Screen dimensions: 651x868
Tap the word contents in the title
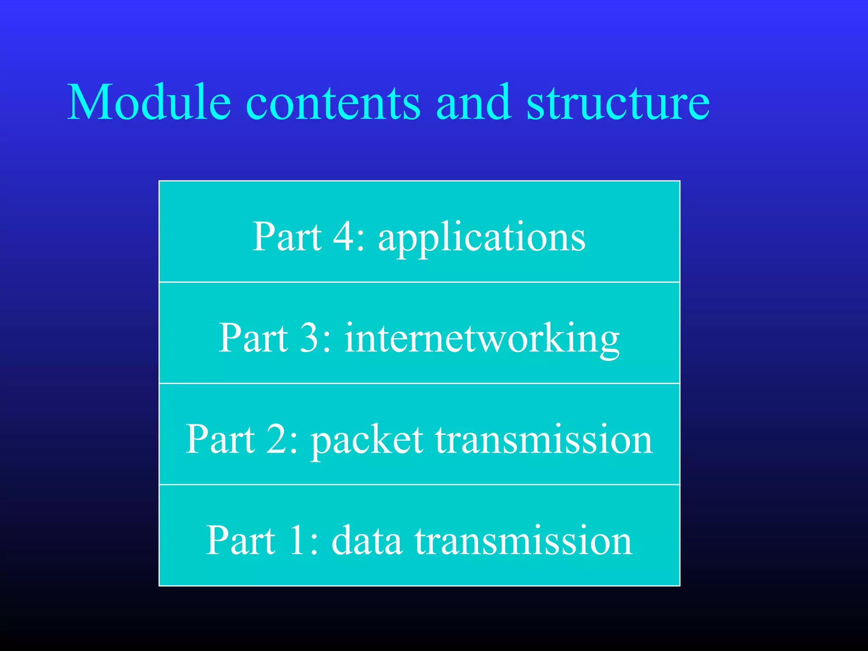[x=333, y=103]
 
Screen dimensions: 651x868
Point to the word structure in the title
[x=618, y=103]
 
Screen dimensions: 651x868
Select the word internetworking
[x=482, y=339]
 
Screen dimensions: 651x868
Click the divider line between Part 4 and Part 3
[x=420, y=282]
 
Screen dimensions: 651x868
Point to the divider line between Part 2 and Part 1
[x=420, y=484]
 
